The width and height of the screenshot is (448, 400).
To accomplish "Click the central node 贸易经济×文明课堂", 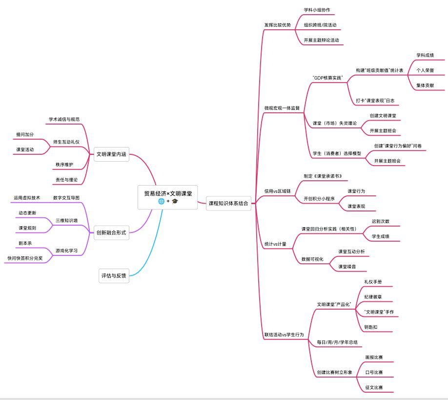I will tap(167, 193).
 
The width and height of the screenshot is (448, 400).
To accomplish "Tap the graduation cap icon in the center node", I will tap(175, 201).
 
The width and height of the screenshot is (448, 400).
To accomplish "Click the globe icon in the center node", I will tap(161, 201).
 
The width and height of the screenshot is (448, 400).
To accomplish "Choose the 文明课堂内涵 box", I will tap(111, 154).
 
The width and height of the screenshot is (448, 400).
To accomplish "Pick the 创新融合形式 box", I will tap(111, 232).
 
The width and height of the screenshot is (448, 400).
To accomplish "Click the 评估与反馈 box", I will tap(114, 276).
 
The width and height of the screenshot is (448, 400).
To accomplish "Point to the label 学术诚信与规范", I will tap(64, 119).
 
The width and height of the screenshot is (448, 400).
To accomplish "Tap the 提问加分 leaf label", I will tap(25, 134).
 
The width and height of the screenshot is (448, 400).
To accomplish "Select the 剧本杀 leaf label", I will tap(25, 243).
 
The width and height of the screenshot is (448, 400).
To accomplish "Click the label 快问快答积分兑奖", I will tap(25, 258).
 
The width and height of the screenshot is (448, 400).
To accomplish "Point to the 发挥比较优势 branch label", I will tap(277, 25).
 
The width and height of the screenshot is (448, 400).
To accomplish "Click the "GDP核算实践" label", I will tap(327, 78).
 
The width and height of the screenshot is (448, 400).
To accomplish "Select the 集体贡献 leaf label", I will tap(425, 85).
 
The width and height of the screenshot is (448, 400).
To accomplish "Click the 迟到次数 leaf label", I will tap(380, 221).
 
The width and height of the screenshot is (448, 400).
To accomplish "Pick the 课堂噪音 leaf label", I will tap(347, 267).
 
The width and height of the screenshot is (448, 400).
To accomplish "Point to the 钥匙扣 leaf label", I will tap(370, 327).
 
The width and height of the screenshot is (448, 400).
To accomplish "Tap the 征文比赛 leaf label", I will tap(374, 387).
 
